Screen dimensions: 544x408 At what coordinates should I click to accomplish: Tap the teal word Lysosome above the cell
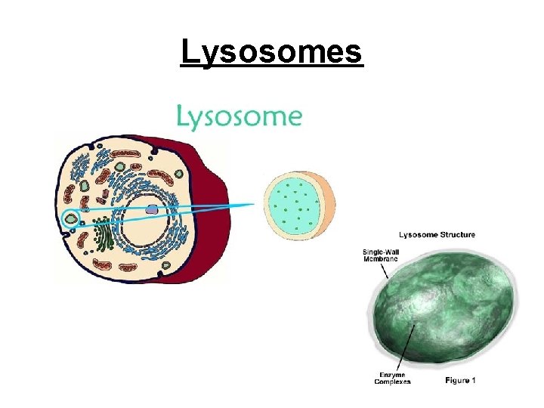tap(239, 117)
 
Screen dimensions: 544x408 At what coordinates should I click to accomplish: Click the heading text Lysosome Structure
tap(437, 235)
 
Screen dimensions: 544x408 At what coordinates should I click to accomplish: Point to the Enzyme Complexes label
tap(392, 378)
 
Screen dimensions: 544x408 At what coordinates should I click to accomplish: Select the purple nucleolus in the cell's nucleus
tap(153, 210)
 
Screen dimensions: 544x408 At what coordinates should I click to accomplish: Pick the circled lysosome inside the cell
tap(71, 219)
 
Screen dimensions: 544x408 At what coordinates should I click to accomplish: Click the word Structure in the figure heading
tap(456, 235)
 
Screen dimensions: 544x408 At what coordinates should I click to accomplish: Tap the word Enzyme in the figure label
tap(392, 374)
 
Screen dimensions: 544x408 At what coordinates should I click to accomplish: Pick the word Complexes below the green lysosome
tap(392, 382)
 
